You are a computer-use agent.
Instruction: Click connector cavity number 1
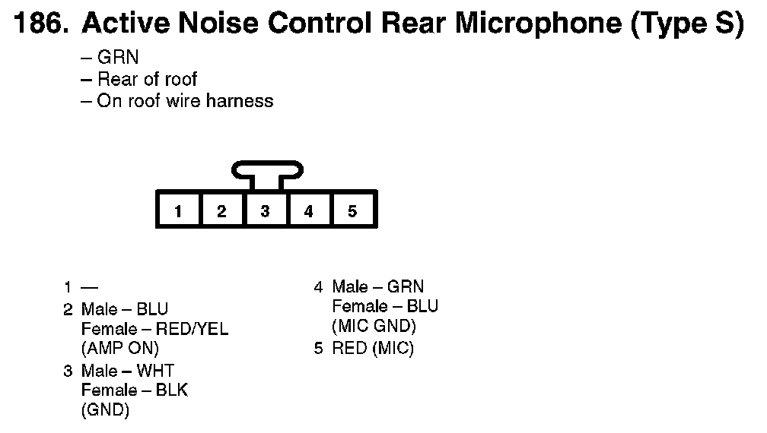point(178,210)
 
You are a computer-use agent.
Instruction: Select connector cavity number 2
point(221,210)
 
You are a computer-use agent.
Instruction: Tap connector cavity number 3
point(265,210)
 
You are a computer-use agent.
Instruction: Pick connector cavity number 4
point(308,210)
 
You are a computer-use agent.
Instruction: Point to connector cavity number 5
point(352,210)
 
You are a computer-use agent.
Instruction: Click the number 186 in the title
point(40,24)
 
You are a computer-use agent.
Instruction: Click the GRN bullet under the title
point(118,58)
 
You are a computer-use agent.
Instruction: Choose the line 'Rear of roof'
point(148,79)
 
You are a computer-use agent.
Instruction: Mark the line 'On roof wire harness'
point(185,100)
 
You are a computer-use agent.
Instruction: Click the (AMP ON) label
point(120,349)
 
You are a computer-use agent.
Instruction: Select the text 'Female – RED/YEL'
point(154,329)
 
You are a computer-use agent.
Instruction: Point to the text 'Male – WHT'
point(127,371)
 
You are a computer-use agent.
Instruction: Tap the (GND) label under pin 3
point(105,410)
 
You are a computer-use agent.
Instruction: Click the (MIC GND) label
point(374,327)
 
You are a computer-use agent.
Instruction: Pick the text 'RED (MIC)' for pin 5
point(373,349)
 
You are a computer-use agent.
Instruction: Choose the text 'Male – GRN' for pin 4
point(377,287)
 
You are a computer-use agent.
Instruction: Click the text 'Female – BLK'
point(134,390)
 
